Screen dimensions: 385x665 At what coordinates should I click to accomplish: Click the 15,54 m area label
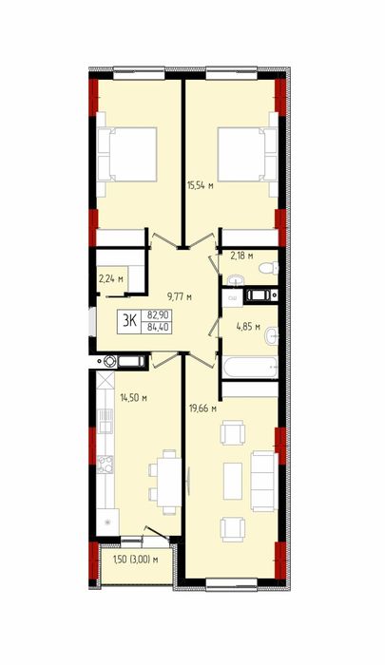click(200, 185)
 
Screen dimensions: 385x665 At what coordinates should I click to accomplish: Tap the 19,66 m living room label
click(202, 408)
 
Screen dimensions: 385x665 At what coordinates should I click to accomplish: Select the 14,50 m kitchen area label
click(133, 398)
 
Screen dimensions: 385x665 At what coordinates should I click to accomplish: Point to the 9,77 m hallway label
click(180, 296)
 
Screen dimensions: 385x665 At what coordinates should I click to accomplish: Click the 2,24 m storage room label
click(111, 278)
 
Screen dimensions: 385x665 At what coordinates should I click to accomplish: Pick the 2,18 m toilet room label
click(241, 256)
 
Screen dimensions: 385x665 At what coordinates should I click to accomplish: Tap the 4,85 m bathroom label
click(248, 327)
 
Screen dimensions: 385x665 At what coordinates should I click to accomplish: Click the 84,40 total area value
click(157, 327)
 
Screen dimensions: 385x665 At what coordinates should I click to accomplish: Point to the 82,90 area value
click(157, 315)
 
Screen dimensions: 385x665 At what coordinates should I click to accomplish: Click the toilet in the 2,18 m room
click(269, 268)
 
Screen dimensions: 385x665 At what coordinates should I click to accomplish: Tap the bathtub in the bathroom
click(250, 368)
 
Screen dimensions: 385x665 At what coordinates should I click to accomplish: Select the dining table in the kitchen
click(169, 483)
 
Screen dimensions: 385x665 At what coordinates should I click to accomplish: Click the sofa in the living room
click(264, 482)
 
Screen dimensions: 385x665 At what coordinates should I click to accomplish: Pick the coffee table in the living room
click(233, 481)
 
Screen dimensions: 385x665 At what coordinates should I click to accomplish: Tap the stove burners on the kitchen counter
click(105, 464)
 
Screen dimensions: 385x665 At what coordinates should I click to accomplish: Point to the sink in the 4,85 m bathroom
click(271, 336)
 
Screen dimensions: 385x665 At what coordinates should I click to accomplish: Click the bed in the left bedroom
click(127, 155)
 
